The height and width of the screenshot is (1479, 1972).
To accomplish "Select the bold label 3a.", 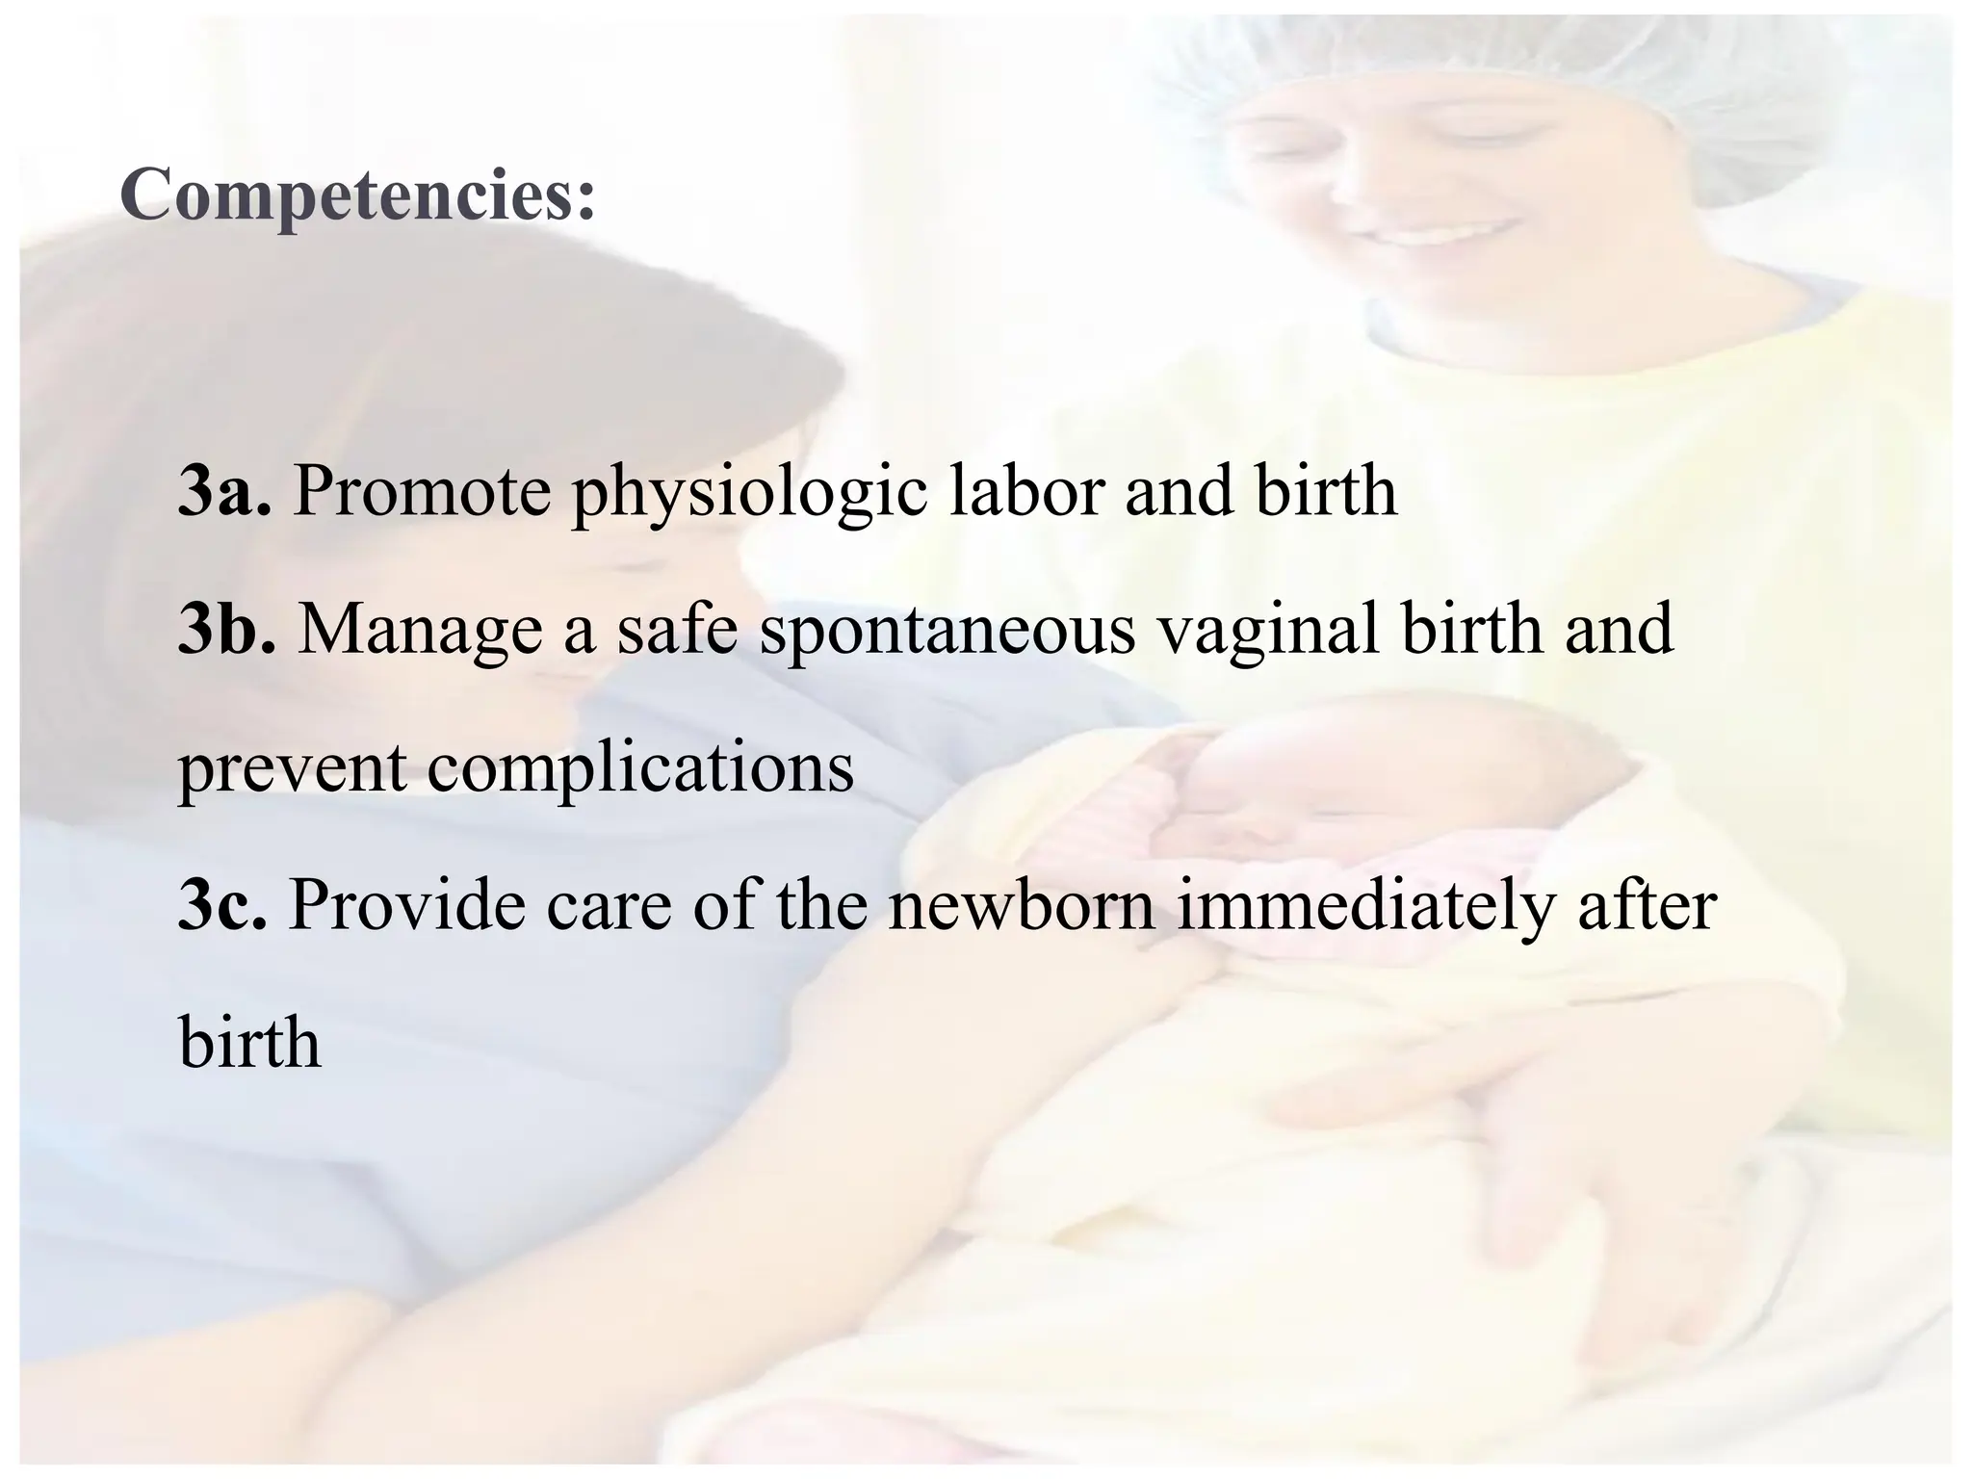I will click(x=224, y=491).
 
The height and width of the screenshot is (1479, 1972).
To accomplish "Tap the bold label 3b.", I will click(x=227, y=629).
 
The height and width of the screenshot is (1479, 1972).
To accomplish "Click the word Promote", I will click(x=422, y=491).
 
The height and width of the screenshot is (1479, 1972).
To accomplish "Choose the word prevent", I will click(x=292, y=770).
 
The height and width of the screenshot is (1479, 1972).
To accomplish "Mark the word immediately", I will click(x=1365, y=909).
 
